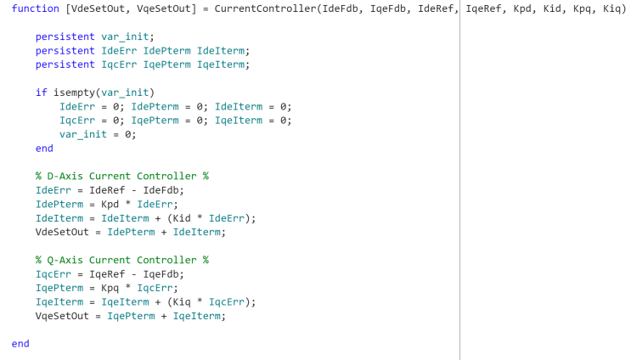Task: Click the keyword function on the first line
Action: (36, 8)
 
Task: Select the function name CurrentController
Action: (265, 8)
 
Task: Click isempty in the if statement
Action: (74, 93)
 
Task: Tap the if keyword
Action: (41, 93)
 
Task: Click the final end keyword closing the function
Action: (20, 344)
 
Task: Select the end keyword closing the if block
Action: (44, 149)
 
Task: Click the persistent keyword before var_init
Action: (65, 37)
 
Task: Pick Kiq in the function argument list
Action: (611, 8)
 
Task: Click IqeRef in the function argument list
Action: (483, 8)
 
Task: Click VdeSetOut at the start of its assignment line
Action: (62, 232)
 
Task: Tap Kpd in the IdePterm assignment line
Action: (110, 205)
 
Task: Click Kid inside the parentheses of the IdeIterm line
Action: (182, 218)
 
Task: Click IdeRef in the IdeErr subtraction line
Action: (107, 190)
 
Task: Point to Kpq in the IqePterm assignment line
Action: (110, 289)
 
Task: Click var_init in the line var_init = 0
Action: (83, 135)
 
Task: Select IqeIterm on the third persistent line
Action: (221, 65)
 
